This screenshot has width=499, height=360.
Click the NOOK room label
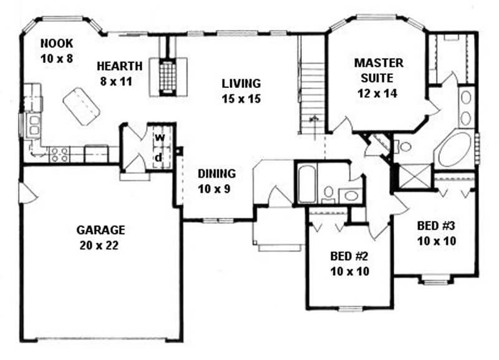[x=57, y=43]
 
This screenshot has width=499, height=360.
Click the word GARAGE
[x=100, y=230]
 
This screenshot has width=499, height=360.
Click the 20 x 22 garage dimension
[x=100, y=245]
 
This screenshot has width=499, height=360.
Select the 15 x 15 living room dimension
[x=240, y=99]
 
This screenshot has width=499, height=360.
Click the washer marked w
[x=159, y=137]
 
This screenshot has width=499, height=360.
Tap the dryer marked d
[x=159, y=157]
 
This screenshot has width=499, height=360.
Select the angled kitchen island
[x=81, y=105]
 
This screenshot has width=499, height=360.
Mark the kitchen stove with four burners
[x=59, y=152]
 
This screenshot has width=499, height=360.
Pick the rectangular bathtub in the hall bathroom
[x=306, y=183]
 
